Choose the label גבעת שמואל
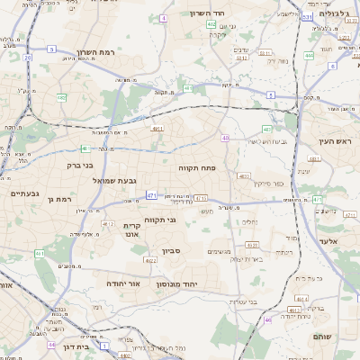(x=115, y=181)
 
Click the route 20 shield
(x=28, y=58)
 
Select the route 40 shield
(x=226, y=138)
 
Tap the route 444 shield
(x=309, y=56)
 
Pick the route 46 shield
(x=267, y=319)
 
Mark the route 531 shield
(x=308, y=16)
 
